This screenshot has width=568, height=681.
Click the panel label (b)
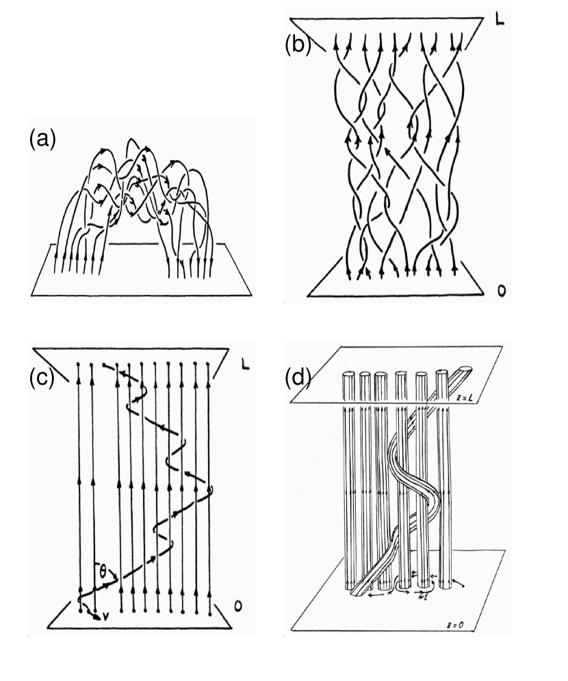[298, 46]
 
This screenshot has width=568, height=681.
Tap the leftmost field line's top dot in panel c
[80, 363]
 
